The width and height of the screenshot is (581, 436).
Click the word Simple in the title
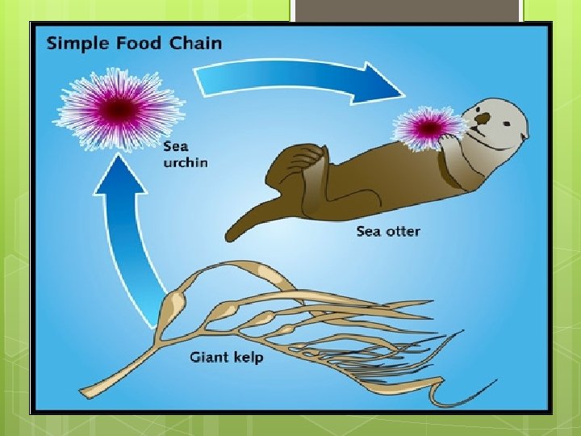(77, 43)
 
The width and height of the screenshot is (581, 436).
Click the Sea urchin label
(185, 154)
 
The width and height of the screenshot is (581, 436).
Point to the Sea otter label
(388, 232)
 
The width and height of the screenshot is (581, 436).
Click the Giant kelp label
(226, 357)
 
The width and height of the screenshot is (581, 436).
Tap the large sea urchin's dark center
(119, 107)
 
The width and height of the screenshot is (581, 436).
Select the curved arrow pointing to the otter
(299, 80)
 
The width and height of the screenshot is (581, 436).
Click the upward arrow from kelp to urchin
(129, 242)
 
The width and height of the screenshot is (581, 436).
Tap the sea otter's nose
(482, 119)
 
